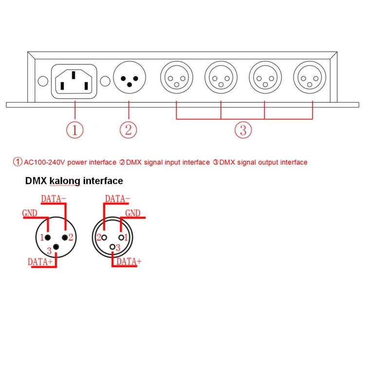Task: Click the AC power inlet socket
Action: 74,81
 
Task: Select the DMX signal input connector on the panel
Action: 129,78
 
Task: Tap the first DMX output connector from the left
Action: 176,78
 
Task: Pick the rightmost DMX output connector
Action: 310,78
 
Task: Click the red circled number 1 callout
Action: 75,130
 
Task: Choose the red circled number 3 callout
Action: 243,130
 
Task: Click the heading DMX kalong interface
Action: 74,181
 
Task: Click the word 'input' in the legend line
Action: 171,162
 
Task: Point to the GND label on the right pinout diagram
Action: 133,213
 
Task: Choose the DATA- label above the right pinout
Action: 117,199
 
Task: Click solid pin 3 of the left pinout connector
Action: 56,247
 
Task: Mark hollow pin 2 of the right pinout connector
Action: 105,237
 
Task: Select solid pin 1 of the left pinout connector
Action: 48,237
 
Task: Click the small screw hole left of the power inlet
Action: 42,81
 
